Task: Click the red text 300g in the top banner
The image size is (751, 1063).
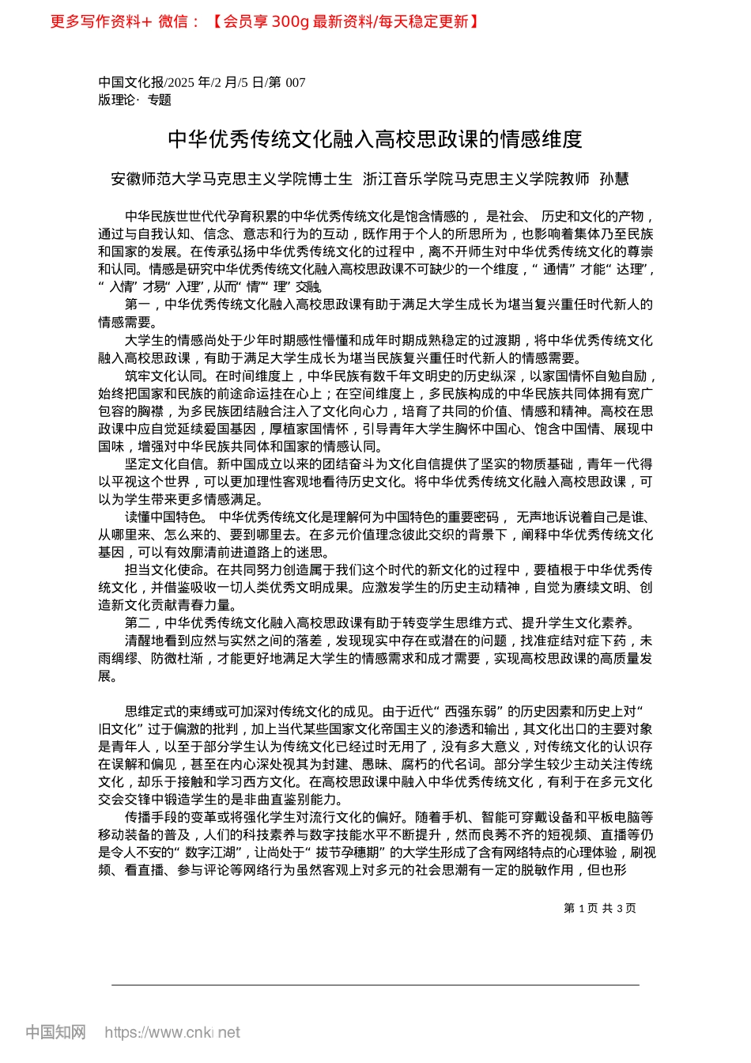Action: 290,22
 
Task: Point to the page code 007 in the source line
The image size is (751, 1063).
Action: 295,83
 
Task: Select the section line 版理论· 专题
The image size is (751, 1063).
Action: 134,100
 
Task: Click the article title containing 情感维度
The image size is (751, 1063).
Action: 375,140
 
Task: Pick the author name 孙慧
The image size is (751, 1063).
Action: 614,180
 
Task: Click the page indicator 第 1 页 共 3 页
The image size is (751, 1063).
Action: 599,909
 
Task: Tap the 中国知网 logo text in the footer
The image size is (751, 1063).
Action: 55,1032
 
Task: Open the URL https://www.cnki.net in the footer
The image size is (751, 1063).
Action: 172,1033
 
